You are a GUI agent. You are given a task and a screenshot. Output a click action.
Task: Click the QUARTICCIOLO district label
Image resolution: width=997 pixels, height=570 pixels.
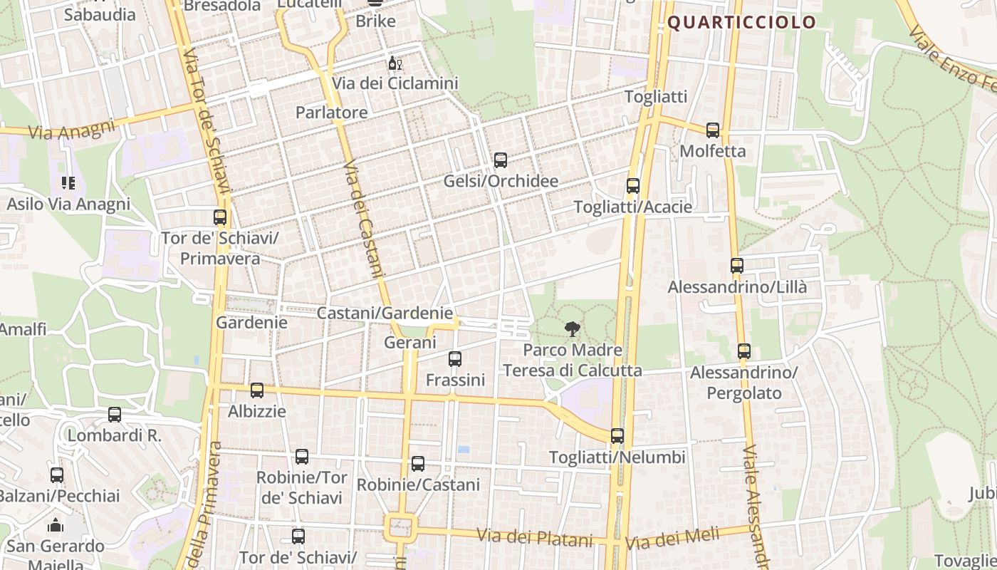coord(741,22)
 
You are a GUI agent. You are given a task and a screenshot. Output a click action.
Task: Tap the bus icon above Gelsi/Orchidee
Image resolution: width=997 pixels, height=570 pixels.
coord(501,160)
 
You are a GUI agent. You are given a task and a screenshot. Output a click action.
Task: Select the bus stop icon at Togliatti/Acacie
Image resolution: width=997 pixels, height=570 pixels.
coord(632,186)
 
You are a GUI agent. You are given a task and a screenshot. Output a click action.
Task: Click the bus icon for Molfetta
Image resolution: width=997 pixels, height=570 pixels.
coord(713,130)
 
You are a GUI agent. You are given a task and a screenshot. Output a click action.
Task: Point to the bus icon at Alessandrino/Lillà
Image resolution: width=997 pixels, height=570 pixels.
coord(737,266)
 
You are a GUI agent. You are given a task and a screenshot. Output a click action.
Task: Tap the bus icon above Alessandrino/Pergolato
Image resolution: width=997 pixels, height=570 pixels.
coord(744,351)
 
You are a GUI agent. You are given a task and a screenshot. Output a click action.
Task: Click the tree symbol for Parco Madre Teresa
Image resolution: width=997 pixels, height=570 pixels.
coord(572,329)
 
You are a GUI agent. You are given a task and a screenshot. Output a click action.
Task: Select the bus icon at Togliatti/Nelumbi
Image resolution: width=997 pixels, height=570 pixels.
coord(617,436)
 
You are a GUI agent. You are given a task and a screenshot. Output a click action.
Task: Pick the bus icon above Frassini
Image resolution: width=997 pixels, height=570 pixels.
coord(455,359)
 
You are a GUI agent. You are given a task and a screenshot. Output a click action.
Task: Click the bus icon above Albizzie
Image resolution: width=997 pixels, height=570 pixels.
coord(257,390)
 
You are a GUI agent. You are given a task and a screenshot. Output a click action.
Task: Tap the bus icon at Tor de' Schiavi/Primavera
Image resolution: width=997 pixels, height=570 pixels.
coord(220,217)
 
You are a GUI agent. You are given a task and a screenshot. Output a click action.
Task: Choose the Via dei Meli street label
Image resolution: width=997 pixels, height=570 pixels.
coord(673,539)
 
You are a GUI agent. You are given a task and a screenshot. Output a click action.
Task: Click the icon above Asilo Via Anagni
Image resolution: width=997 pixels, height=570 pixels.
coord(68,183)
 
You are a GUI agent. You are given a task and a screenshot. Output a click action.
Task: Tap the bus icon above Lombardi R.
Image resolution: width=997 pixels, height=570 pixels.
coord(115,415)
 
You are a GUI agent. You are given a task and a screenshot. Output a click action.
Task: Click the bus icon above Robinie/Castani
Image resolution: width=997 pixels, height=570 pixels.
coord(418,464)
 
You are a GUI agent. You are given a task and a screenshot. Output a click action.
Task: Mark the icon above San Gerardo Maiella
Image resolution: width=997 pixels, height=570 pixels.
coord(56,526)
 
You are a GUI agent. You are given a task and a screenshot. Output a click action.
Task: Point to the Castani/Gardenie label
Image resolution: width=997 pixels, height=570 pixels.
coord(385,313)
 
